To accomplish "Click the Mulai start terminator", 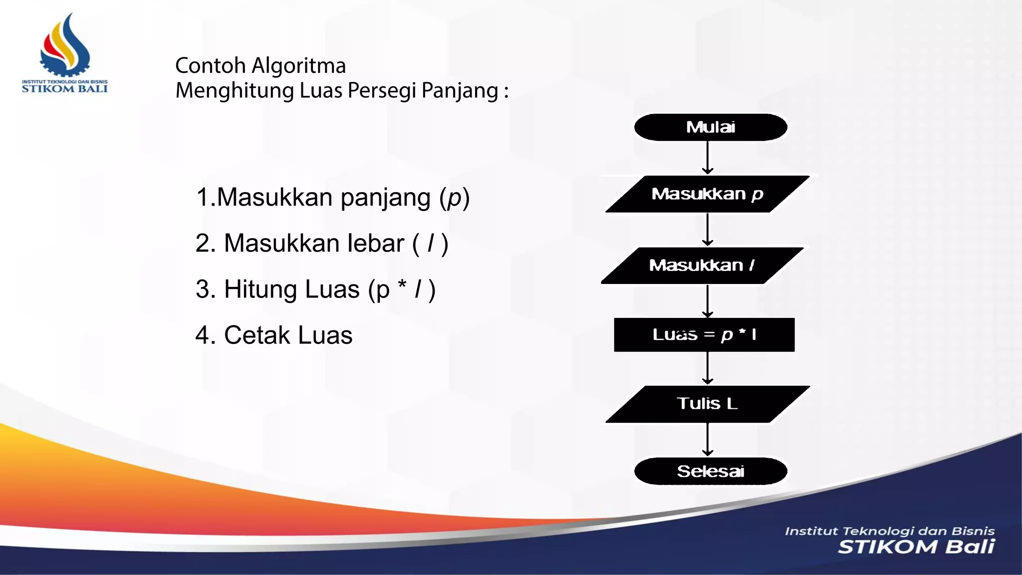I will [711, 127].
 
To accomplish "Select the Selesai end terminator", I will [711, 471].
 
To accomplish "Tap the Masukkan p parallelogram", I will [707, 194].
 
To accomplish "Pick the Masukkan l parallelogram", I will [702, 265].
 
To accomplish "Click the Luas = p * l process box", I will [704, 334].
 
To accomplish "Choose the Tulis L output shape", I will [707, 404].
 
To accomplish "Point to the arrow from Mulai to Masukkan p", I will [708, 158].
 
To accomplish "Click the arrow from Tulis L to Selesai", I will [708, 439].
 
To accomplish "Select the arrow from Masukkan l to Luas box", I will [708, 300].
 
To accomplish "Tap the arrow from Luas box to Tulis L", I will [708, 368].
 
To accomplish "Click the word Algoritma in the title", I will [298, 66].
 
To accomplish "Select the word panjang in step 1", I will [385, 198].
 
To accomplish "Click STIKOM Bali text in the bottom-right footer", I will [916, 547].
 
